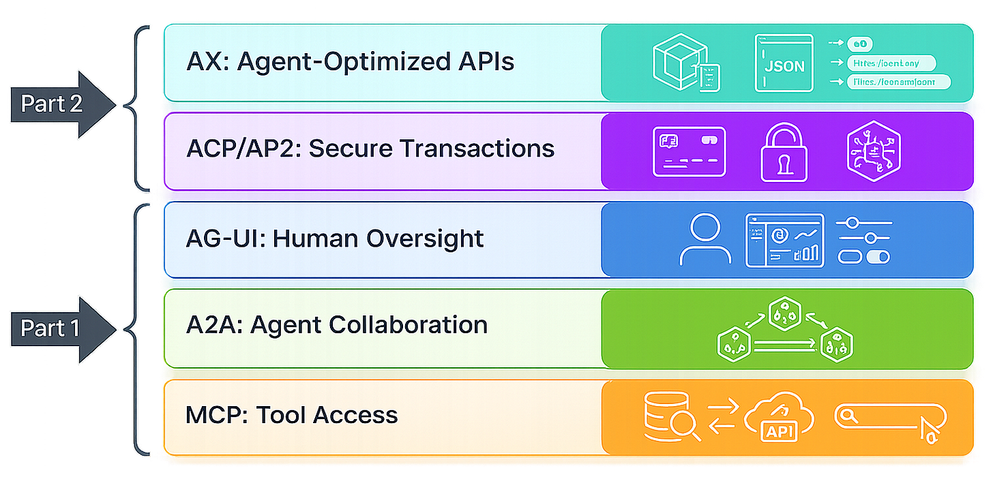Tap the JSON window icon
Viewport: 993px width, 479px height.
coord(784,63)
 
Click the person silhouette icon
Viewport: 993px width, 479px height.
coord(705,240)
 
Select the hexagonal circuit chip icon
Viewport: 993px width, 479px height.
coord(874,151)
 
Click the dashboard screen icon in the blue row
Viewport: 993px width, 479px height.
coord(784,240)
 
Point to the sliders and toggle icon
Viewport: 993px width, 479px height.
coord(864,240)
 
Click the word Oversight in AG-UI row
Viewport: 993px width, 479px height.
coord(425,238)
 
